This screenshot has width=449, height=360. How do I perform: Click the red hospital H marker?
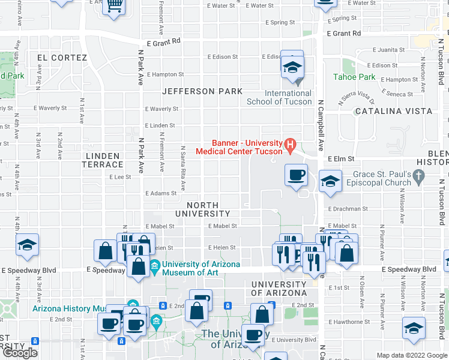(291, 144)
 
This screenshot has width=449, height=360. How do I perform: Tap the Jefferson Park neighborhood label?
(202, 91)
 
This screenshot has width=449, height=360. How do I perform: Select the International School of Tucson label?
(279, 97)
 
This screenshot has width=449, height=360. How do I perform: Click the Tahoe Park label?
(354, 77)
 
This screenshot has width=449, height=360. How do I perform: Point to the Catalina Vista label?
(393, 111)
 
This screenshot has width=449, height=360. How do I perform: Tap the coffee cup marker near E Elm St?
(295, 175)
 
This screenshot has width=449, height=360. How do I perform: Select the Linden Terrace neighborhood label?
(103, 160)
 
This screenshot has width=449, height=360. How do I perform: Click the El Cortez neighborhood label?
(62, 58)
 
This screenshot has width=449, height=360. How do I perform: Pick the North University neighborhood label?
(202, 209)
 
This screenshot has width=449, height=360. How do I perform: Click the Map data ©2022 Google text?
(412, 355)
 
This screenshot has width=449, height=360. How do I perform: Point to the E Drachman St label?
(348, 209)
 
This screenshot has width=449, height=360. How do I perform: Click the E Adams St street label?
(161, 193)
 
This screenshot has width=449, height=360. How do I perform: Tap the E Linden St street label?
(160, 125)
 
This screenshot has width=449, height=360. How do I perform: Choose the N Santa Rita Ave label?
(182, 163)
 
